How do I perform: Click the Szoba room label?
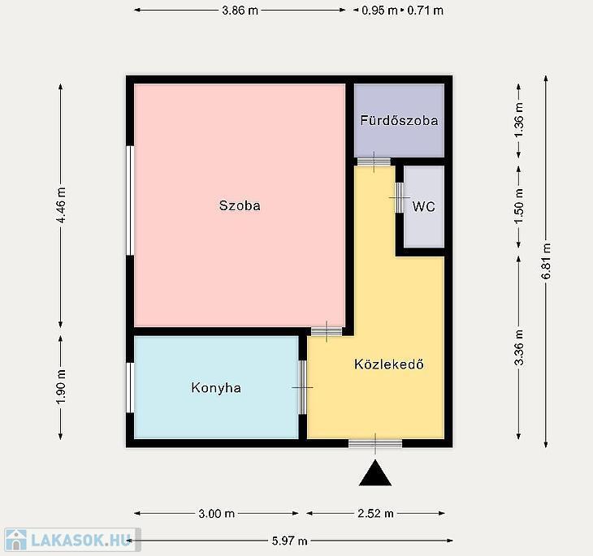pos(240,205)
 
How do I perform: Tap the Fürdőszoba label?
pos(399,120)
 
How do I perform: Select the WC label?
pos(423,206)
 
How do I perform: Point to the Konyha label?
pos(216,388)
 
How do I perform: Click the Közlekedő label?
pos(389,364)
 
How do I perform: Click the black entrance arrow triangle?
pos(375,473)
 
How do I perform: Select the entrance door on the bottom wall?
pos(375,443)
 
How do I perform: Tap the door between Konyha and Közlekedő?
pos(302,387)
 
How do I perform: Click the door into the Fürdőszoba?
pos(374,162)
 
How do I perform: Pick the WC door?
pos(400,198)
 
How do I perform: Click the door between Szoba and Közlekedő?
pos(327,331)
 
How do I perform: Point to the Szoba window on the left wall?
pos(130,200)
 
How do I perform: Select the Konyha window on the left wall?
pos(130,387)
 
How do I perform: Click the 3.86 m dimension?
pos(240,11)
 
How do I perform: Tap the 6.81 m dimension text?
pos(546,261)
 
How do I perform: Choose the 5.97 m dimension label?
pos(290,541)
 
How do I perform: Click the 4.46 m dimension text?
pos(61,205)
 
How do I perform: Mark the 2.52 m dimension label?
pos(375,513)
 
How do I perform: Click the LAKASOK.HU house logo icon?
pos(16,540)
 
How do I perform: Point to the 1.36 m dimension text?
pos(519,120)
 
